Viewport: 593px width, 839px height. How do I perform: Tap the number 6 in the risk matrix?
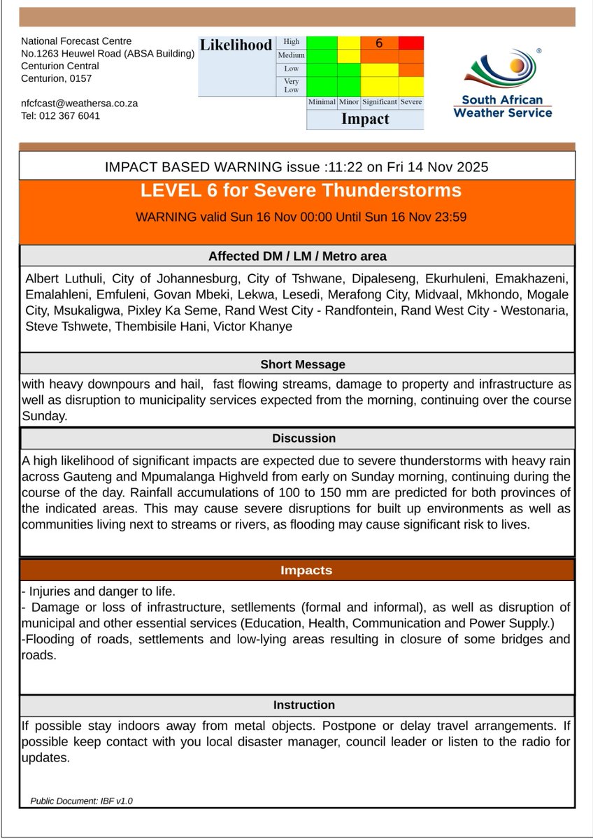tap(379, 43)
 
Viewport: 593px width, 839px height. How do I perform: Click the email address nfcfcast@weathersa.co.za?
tap(79, 103)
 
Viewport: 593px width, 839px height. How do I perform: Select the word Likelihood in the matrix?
tap(236, 45)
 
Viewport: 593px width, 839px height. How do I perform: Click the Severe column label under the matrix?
tap(411, 102)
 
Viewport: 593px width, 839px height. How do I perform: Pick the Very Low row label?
tap(291, 86)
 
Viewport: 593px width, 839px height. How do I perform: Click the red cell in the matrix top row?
tap(411, 43)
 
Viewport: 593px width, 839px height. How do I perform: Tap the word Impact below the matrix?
tap(364, 119)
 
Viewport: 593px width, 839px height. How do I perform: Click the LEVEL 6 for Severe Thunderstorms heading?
tap(301, 191)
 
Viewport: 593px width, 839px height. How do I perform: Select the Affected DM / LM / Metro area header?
tap(297, 256)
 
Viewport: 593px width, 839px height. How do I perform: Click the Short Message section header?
tap(303, 364)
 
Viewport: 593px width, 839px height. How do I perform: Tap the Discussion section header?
tap(304, 438)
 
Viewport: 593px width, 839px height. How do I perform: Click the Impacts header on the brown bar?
tap(306, 571)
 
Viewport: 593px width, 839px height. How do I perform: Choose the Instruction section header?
tap(303, 705)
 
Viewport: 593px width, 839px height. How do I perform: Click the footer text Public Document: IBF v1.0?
tap(81, 801)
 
